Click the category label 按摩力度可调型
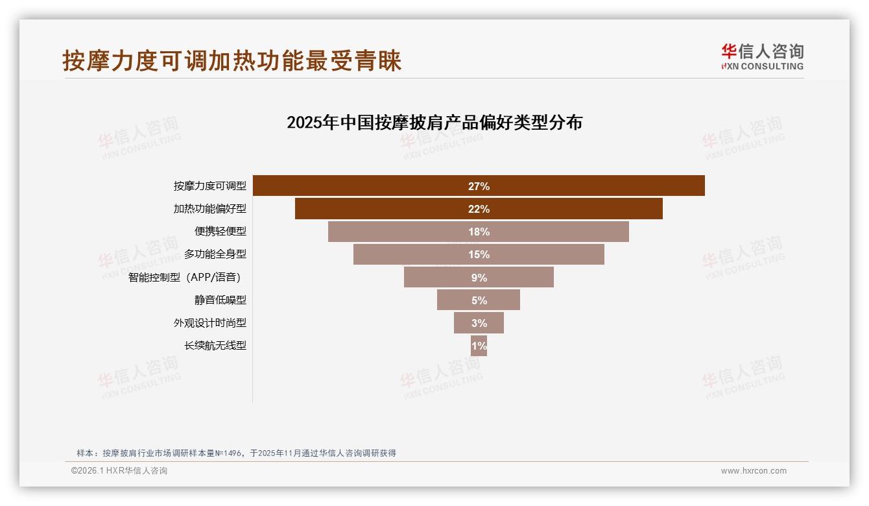[x=209, y=186]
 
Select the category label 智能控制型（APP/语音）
[x=184, y=278]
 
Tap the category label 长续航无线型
[x=215, y=346]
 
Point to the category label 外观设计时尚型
[x=209, y=323]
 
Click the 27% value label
[x=479, y=186]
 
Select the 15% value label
[x=479, y=254]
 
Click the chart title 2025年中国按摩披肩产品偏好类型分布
[x=434, y=123]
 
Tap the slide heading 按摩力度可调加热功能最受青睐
[x=232, y=60]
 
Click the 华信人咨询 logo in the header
[x=762, y=56]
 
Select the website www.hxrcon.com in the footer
[x=754, y=471]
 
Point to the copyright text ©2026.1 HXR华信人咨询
[x=119, y=471]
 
